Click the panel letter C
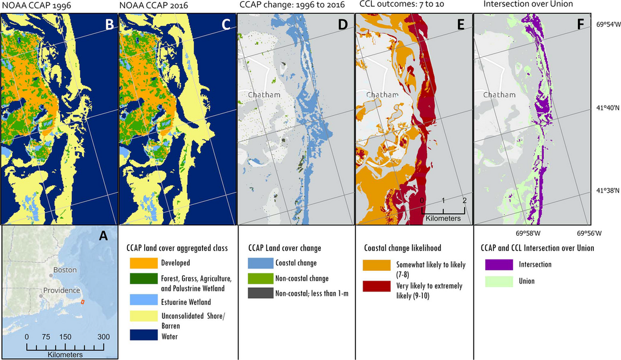click(226, 25)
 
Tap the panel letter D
click(343, 25)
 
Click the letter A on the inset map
click(104, 236)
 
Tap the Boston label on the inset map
click(65, 269)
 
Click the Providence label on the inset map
click(61, 290)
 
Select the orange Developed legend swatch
click(141, 263)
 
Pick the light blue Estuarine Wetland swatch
click(141, 301)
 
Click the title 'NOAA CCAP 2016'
click(148, 5)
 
